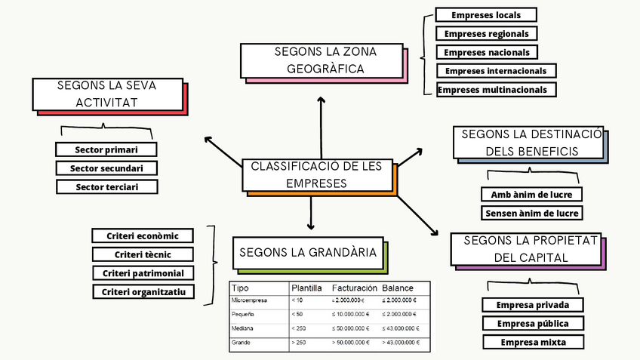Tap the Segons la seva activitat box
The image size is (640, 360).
pos(107,94)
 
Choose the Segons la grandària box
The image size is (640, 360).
pos(307,253)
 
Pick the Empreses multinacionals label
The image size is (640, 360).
pos(497,90)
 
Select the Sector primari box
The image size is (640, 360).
pos(106,149)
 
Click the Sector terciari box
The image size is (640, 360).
pos(106,186)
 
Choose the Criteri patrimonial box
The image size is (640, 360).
pos(143,272)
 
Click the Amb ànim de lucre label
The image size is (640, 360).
pos(531,195)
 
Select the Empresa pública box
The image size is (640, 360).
pos(534,324)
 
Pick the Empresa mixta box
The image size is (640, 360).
pos(534,342)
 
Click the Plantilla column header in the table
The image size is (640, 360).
pos(306,288)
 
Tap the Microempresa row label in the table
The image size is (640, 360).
pos(248,300)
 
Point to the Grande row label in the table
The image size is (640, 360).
pos(242,343)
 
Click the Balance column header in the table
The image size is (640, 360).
pos(397,288)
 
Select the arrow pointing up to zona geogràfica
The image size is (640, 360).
pos(321,128)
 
